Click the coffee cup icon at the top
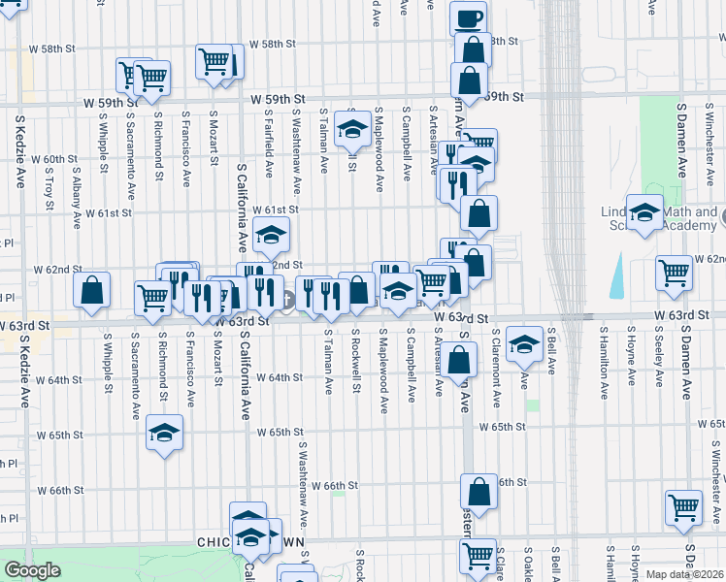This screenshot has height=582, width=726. pyautogui.click(x=469, y=18)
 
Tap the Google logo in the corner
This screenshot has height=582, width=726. pyautogui.click(x=33, y=570)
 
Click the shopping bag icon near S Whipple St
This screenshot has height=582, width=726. pyautogui.click(x=91, y=289)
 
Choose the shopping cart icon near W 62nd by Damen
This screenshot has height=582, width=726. pyautogui.click(x=675, y=273)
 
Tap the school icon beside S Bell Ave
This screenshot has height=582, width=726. pyautogui.click(x=524, y=341)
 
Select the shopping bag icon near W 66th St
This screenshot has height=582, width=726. pyautogui.click(x=478, y=492)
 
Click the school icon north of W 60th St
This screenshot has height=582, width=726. pyautogui.click(x=352, y=127)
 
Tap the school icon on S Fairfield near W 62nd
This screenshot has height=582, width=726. pyautogui.click(x=271, y=233)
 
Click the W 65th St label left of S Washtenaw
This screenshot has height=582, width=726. pyautogui.click(x=281, y=432)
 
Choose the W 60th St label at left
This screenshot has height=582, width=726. pyautogui.click(x=60, y=159)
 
